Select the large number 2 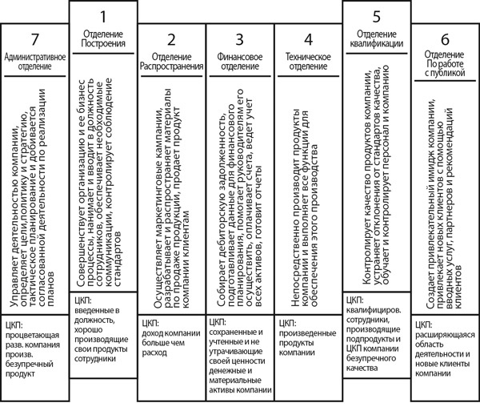tap(171, 40)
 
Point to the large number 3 tap(239, 40)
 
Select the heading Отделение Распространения tap(171, 63)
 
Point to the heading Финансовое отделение tap(239, 63)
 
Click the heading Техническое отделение tap(308, 63)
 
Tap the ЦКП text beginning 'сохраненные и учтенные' tap(239, 365)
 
